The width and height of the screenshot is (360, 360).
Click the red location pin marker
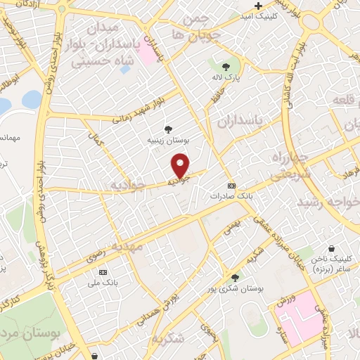coord(181,165)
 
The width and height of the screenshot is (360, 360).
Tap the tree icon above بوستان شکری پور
coord(234,276)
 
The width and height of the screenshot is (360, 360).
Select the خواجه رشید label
coord(325,202)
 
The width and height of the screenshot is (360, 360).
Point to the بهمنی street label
coord(232,227)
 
